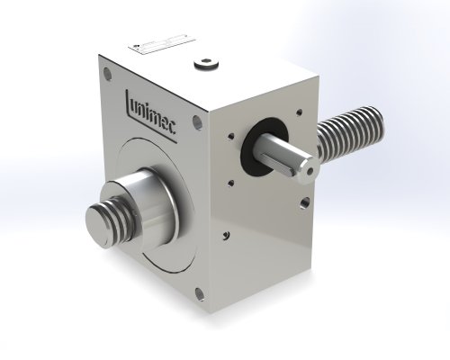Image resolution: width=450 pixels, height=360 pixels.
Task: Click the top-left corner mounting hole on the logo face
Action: (x=109, y=76)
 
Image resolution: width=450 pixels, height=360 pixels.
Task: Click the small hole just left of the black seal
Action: (x=237, y=138)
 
